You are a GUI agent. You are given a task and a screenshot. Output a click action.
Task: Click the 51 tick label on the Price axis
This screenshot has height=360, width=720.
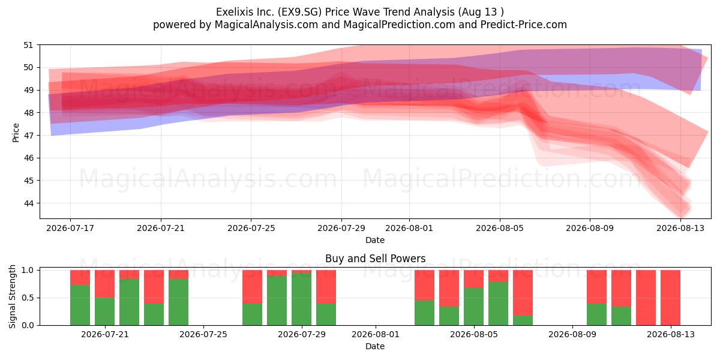pyautogui.click(x=28, y=45)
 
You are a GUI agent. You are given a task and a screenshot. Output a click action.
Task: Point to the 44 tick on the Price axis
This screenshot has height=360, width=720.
pyautogui.click(x=28, y=203)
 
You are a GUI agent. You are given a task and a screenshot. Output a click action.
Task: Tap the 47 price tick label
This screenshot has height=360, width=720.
pyautogui.click(x=28, y=136)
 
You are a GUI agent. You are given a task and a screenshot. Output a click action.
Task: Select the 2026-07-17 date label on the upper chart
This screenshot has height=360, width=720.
pyautogui.click(x=70, y=228)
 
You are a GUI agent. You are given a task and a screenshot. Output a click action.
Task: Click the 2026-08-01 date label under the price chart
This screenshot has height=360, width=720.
pyautogui.click(x=409, y=228)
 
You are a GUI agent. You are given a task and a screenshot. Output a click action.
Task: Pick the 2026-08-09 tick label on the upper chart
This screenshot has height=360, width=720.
pyautogui.click(x=590, y=228)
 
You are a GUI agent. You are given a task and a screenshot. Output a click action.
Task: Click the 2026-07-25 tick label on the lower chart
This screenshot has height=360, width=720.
pyautogui.click(x=203, y=334)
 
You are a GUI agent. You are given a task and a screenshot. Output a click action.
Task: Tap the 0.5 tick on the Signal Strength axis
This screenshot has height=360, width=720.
pyautogui.click(x=28, y=298)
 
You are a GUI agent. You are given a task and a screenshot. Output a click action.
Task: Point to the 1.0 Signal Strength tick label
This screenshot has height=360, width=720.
pyautogui.click(x=28, y=271)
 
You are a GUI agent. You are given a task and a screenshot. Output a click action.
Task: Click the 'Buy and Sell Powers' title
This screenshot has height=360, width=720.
pyautogui.click(x=375, y=259)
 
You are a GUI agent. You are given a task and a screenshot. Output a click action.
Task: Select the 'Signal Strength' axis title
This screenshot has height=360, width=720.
pyautogui.click(x=12, y=296)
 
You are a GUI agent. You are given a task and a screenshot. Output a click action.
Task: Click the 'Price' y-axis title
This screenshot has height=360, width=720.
pyautogui.click(x=16, y=133)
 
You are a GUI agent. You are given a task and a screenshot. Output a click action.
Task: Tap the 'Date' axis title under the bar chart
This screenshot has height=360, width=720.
pyautogui.click(x=375, y=346)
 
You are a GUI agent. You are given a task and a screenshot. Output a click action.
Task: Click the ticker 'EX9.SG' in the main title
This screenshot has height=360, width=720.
pyautogui.click(x=299, y=12)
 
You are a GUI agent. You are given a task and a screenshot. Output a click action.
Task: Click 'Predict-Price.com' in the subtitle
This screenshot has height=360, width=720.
pyautogui.click(x=524, y=25)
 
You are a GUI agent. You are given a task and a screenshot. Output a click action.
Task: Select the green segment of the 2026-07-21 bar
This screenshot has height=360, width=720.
pyautogui.click(x=104, y=311)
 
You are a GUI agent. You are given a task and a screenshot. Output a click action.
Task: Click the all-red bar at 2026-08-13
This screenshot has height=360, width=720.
pyautogui.click(x=670, y=298)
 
